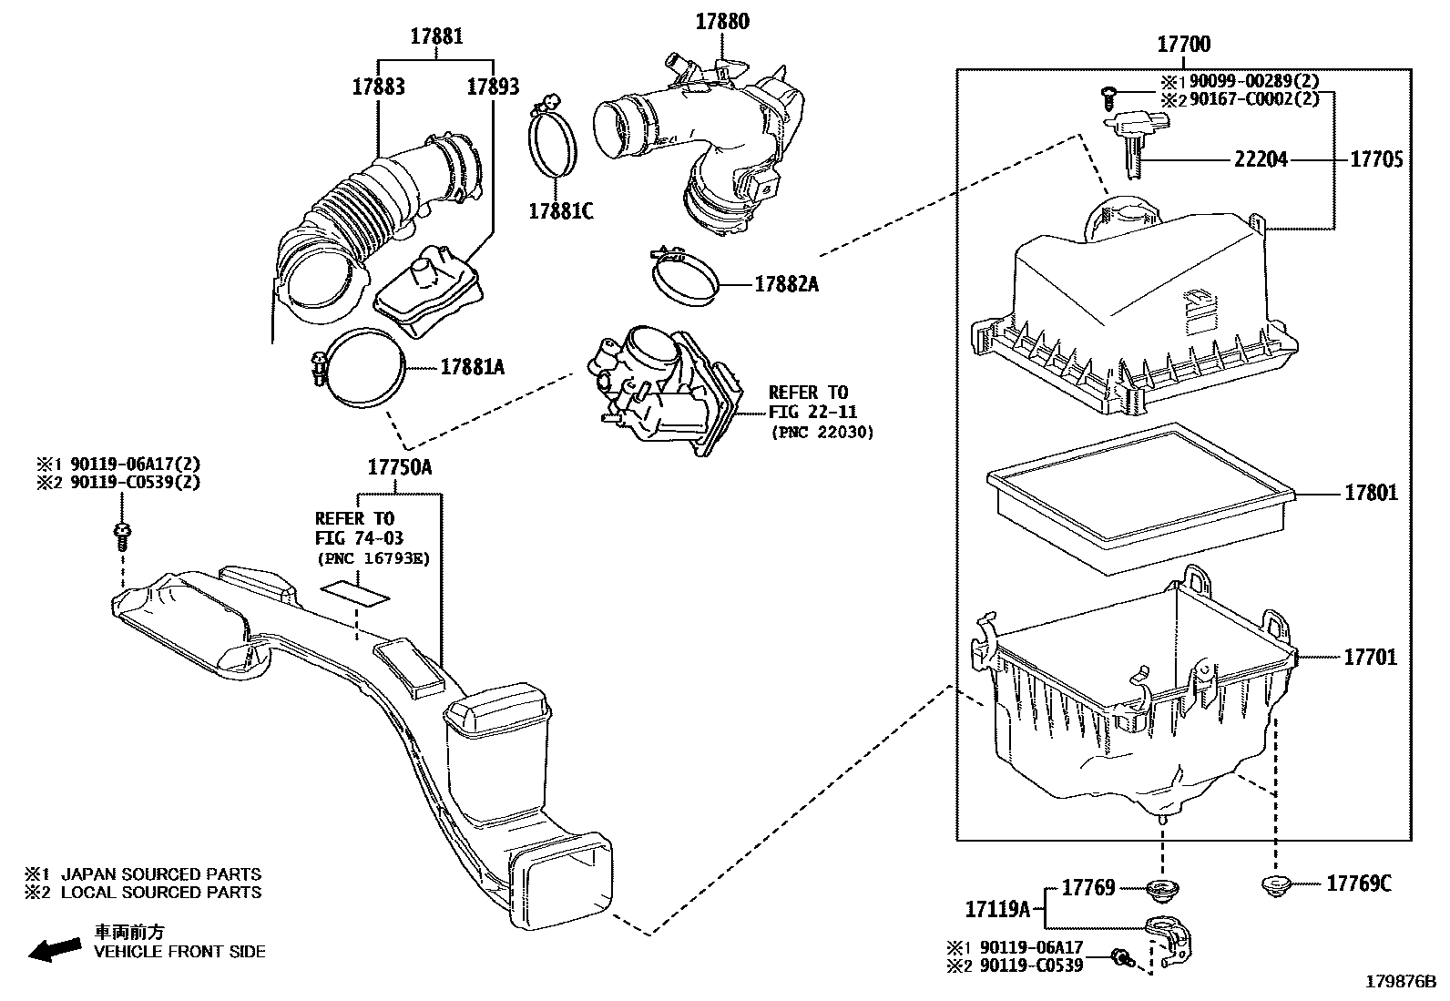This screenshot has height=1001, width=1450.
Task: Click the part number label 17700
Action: (1183, 44)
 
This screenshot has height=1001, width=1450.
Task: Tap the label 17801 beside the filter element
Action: (1371, 494)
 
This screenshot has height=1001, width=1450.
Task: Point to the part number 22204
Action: (1261, 159)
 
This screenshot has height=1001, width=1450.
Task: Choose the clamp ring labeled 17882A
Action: (683, 275)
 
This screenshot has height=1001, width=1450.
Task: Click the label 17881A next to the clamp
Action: (472, 367)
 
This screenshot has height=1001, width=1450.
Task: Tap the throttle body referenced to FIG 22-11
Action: (665, 393)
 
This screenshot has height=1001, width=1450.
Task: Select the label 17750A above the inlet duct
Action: (399, 468)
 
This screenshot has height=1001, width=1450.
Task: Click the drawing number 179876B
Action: (1399, 982)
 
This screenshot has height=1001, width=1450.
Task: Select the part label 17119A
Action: (996, 908)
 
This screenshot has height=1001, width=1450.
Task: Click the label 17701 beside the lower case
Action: (1370, 657)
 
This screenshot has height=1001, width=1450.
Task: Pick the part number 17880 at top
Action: (722, 22)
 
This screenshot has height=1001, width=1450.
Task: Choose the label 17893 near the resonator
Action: (493, 87)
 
